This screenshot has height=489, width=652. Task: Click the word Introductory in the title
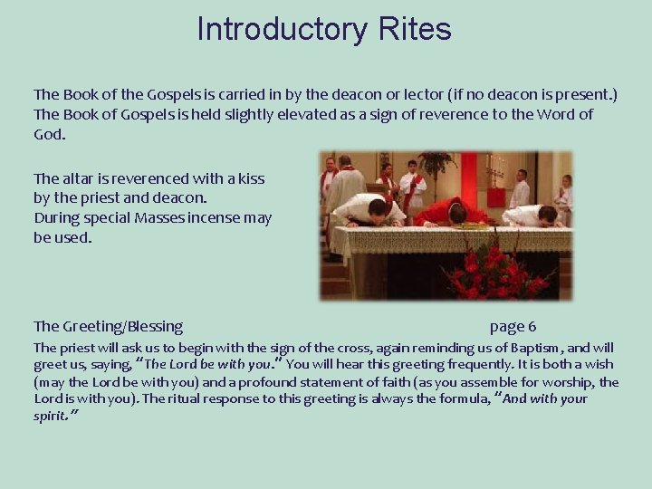[x=281, y=30]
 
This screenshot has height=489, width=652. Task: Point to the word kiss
[x=249, y=178]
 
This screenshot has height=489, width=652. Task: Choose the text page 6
[x=513, y=326]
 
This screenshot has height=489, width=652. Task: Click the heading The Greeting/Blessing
[x=108, y=326]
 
